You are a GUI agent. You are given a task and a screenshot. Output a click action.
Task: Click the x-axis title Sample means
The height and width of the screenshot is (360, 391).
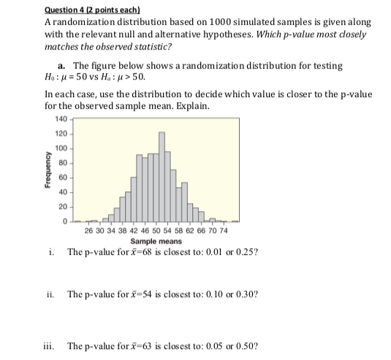tap(156, 240)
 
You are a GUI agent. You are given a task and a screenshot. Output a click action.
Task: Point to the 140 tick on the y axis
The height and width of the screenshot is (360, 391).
tap(60, 119)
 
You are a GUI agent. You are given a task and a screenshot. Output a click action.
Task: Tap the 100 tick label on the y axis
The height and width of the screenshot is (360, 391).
tap(60, 148)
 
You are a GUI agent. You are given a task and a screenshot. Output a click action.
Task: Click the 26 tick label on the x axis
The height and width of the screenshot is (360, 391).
tap(88, 231)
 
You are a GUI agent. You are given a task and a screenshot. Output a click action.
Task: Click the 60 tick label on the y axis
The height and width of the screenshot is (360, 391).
tap(62, 177)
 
